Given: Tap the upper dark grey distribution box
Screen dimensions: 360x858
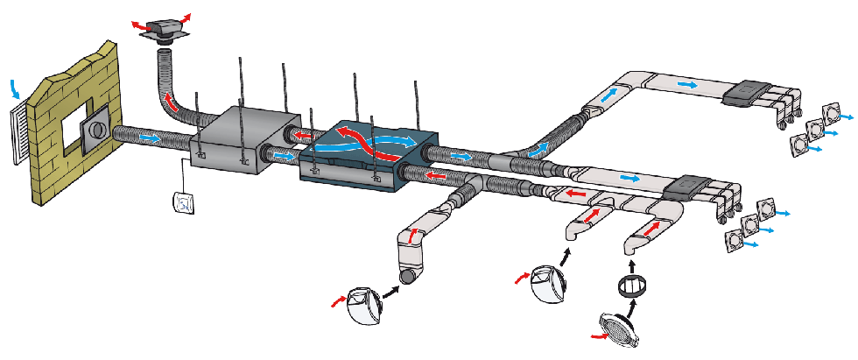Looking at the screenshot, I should click(x=750, y=90).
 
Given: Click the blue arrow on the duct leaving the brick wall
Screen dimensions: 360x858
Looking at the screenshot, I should click(x=150, y=137).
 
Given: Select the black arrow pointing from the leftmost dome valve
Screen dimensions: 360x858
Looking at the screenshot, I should click(x=390, y=290).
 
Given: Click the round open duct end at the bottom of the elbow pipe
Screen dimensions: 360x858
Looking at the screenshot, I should click(x=407, y=278).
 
